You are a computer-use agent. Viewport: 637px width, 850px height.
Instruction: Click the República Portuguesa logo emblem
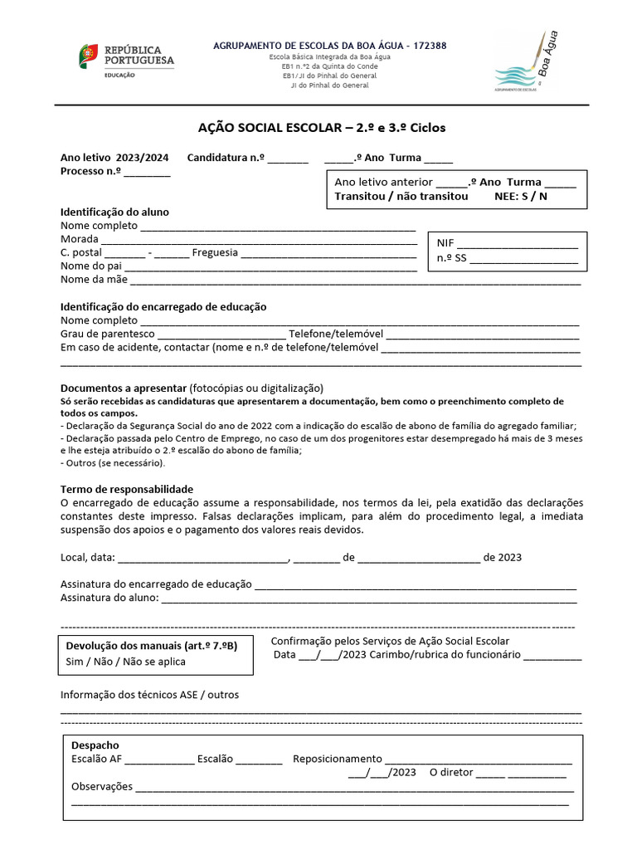click(x=89, y=56)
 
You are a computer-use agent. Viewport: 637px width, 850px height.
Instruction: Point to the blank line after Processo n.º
click(x=148, y=172)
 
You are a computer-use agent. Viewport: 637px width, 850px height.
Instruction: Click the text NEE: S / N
click(x=521, y=197)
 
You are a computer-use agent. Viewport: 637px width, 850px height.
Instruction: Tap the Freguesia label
click(x=215, y=252)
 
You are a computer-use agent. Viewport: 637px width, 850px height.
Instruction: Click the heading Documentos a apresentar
click(x=124, y=388)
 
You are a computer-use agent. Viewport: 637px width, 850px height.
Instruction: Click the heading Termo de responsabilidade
click(x=127, y=490)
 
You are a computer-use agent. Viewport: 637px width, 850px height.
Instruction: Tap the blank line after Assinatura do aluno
click(x=368, y=598)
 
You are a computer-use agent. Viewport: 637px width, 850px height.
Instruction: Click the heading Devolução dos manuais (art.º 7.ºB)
click(x=152, y=646)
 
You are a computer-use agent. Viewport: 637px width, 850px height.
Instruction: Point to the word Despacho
click(x=95, y=745)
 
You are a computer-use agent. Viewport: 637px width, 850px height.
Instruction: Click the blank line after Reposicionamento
click(x=479, y=760)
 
